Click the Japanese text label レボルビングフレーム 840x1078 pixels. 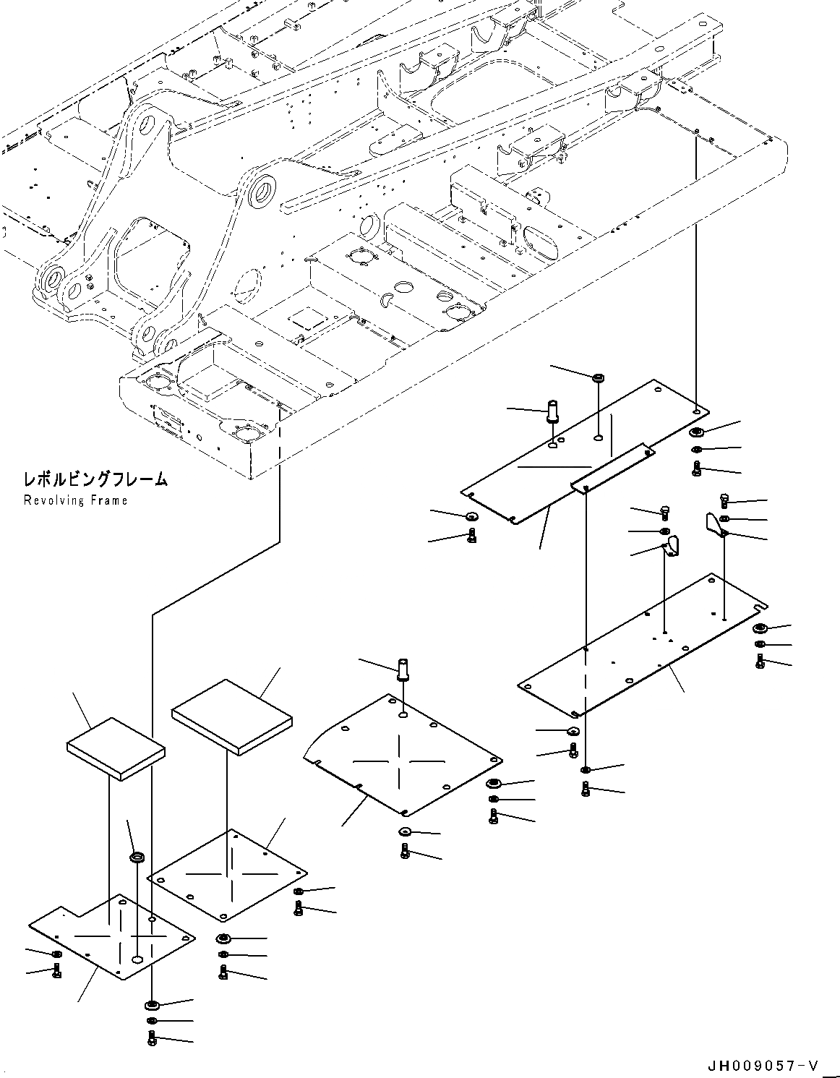pyautogui.click(x=95, y=479)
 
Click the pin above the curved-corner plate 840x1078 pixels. pyautogui.click(x=404, y=669)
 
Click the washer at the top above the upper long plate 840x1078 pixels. pyautogui.click(x=598, y=378)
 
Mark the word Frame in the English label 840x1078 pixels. pyautogui.click(x=109, y=500)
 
